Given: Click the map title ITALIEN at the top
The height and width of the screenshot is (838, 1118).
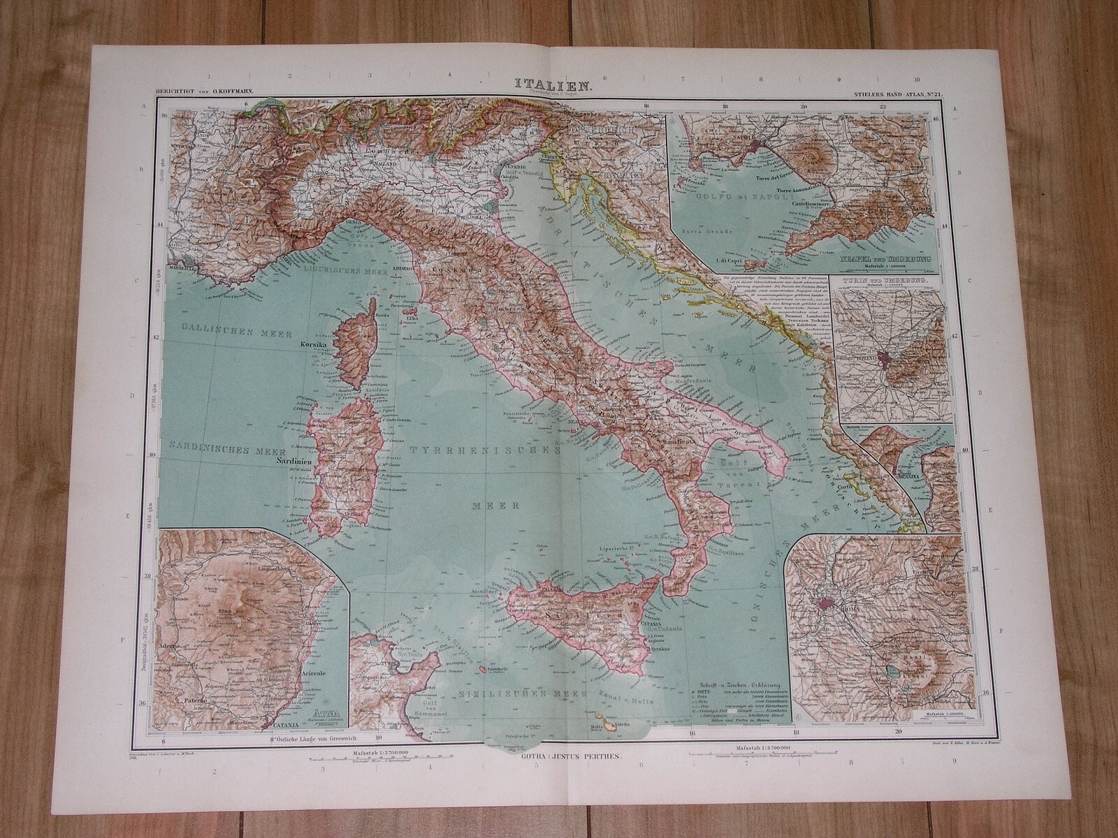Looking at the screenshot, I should (x=544, y=86).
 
